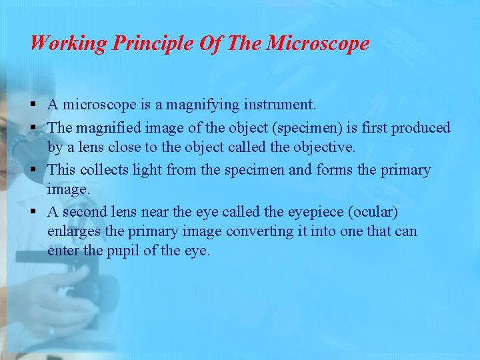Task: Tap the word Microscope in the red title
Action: pos(317,44)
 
